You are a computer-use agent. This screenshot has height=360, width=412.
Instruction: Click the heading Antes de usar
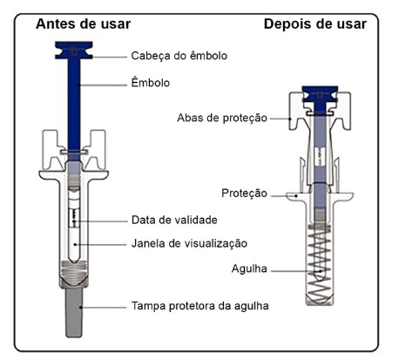pos(84,24)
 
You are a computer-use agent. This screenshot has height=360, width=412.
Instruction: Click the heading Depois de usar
pos(315,24)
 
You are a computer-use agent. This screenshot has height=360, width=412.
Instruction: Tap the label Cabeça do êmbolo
pos(179,56)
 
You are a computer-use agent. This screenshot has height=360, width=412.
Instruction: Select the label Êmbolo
pos(151,83)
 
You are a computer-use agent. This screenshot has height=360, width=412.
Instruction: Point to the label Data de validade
pos(174,220)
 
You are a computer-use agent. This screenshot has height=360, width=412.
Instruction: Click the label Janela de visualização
pos(189,243)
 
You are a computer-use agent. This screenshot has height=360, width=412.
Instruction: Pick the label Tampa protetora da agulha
pos(200,306)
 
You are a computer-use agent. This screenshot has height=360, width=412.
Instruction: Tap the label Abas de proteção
pos(222,118)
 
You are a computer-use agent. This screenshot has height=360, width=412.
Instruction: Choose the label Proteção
pos(244,193)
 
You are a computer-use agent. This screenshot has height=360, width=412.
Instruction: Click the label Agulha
pos(249,268)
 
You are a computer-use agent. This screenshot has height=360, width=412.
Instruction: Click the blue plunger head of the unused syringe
pos(74,51)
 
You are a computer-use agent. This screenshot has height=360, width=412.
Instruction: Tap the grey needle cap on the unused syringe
pos(74,312)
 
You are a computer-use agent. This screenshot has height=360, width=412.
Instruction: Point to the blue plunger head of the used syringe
pos(320,93)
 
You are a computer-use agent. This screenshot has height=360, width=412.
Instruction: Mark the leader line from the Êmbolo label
pos(103,85)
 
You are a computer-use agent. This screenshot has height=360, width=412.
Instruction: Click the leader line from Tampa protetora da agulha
pos(104,308)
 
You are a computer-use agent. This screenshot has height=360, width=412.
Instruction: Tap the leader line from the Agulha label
pos(296,271)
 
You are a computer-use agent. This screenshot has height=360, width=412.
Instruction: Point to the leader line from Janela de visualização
pos(101,245)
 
